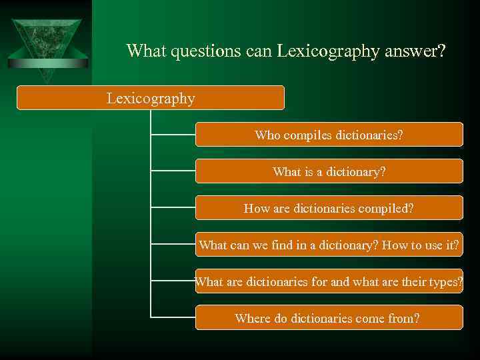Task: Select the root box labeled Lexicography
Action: (x=151, y=98)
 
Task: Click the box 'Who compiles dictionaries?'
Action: (x=329, y=135)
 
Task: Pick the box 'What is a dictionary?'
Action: (x=329, y=171)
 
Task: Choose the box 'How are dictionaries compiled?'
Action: (x=329, y=208)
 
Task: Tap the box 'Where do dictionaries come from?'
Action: (x=329, y=318)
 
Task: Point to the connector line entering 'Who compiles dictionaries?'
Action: (x=173, y=135)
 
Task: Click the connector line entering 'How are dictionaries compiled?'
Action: (x=173, y=208)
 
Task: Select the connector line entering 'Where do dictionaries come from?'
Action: (x=173, y=317)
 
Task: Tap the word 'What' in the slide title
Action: (x=146, y=51)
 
